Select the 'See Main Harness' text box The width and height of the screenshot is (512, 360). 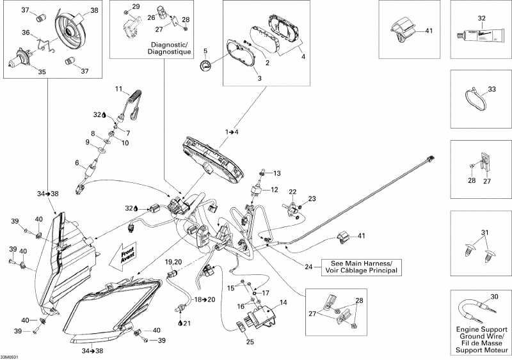(362, 267)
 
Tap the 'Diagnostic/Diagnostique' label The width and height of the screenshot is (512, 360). (170, 48)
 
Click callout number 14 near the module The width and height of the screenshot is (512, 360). (284, 302)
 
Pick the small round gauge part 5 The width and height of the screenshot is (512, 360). (205, 65)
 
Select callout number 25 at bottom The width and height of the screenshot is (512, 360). (250, 341)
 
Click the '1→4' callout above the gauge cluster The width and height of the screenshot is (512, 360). (232, 132)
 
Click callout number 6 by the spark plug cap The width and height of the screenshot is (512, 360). (77, 162)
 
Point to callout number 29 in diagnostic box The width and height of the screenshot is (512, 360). (135, 6)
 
